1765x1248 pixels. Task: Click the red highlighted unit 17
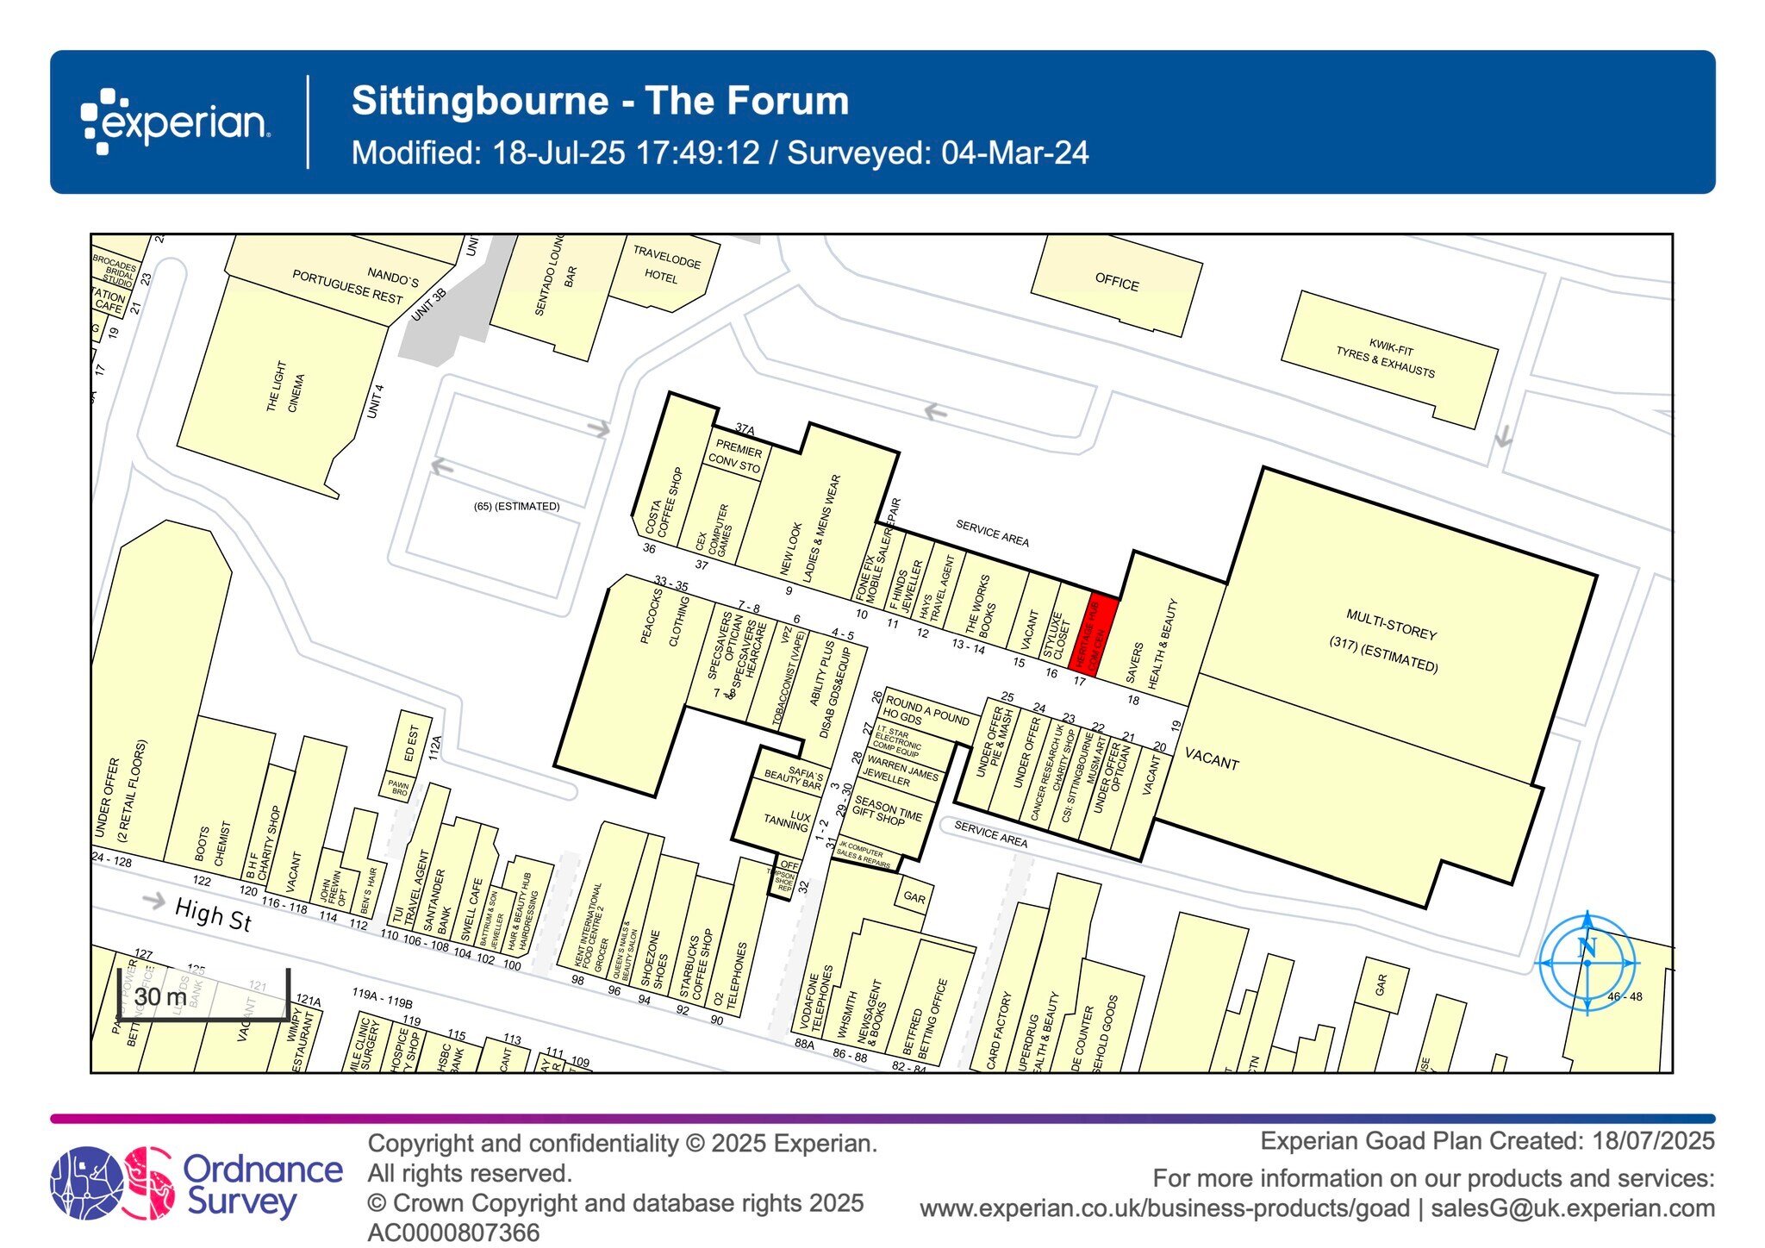[x=1093, y=633]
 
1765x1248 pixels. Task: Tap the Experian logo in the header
[x=176, y=122]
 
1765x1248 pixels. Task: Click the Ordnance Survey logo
[x=196, y=1182]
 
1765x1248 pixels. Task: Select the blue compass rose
[x=1587, y=963]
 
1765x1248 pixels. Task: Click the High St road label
[x=213, y=914]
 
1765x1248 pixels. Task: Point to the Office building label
[x=1116, y=282]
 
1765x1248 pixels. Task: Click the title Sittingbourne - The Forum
[x=600, y=101]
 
